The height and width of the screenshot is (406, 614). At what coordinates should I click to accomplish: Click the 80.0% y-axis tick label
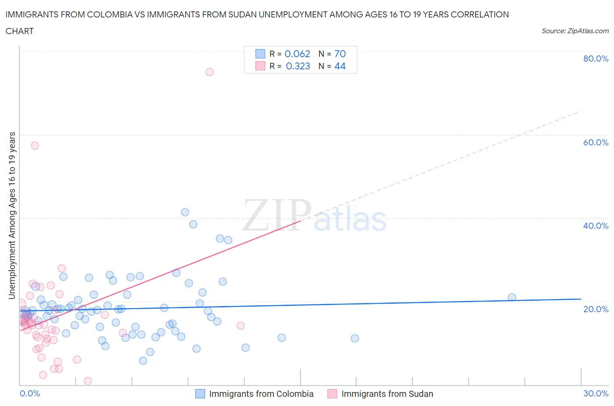[x=596, y=58]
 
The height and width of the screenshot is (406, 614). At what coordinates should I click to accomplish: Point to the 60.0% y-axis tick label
[x=596, y=142]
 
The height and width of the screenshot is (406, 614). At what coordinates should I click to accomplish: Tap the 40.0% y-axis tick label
[x=596, y=226]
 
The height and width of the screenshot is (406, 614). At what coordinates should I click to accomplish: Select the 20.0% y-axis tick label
[x=596, y=309]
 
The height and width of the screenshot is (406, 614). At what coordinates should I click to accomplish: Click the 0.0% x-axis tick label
[x=30, y=393]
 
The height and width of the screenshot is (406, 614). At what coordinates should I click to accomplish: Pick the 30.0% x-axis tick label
[x=596, y=393]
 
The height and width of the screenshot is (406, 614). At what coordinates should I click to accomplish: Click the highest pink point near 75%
[x=210, y=72]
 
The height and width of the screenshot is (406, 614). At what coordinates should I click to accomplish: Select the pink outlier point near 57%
[x=35, y=146]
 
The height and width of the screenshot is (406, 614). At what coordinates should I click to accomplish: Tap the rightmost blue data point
[x=512, y=297]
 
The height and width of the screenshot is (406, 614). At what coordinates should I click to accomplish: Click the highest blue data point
[x=185, y=212]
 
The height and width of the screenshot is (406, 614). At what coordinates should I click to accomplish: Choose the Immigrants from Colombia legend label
[x=261, y=394]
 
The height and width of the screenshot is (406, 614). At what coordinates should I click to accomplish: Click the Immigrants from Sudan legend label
[x=387, y=394]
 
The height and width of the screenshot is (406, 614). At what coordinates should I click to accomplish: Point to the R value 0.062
[x=297, y=54]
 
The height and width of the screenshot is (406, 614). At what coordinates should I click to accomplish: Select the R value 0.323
[x=298, y=66]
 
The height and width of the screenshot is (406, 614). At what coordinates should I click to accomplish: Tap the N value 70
[x=340, y=54]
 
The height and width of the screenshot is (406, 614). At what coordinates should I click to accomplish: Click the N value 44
[x=340, y=66]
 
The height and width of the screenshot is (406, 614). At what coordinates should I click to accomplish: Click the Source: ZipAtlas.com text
[x=575, y=31]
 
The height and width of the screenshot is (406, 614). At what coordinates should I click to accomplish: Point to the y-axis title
[x=12, y=215]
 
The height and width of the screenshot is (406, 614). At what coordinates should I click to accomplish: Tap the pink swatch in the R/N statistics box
[x=260, y=66]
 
